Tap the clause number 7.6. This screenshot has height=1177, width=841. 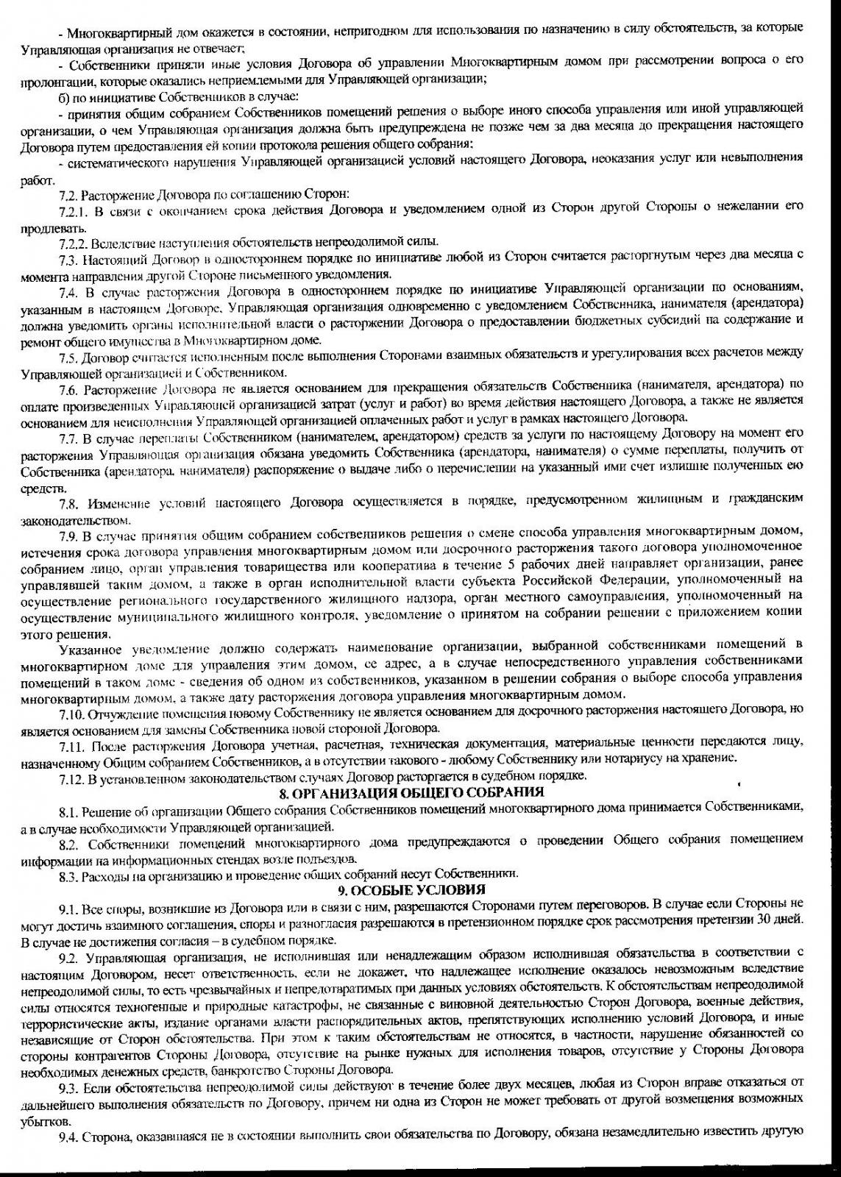click(x=69, y=385)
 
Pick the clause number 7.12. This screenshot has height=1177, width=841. click(x=71, y=776)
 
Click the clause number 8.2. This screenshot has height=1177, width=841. click(x=69, y=842)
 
